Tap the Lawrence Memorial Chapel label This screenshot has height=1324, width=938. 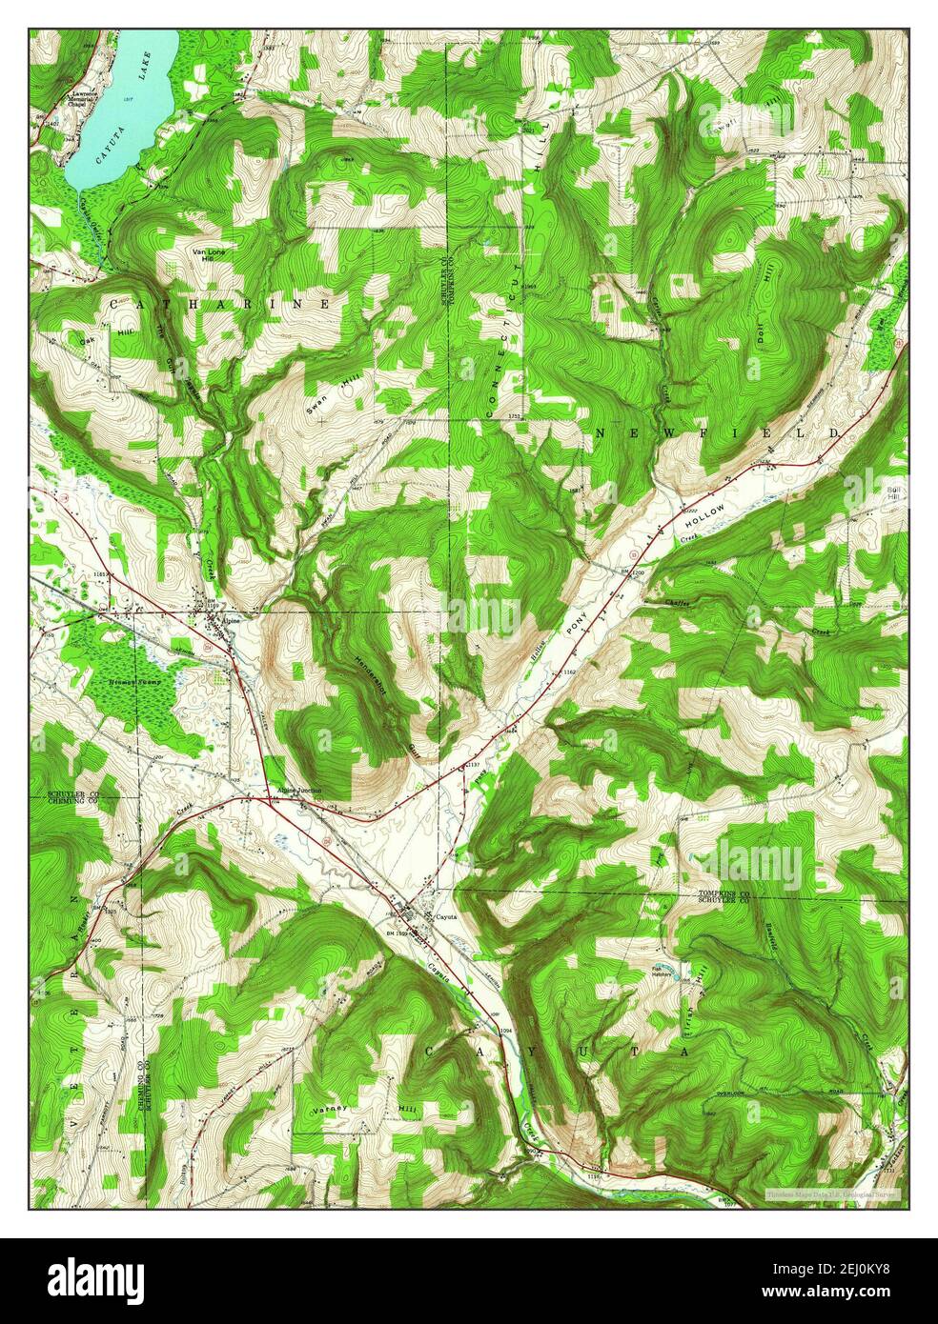pyautogui.click(x=83, y=100)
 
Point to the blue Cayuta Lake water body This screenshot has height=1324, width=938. pyautogui.click(x=124, y=105)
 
